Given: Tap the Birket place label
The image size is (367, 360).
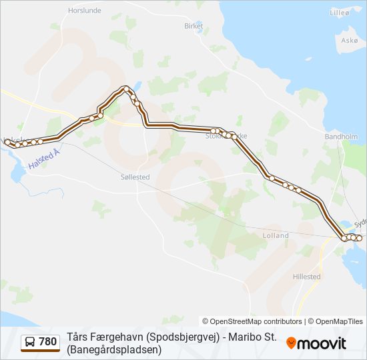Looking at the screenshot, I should (193, 26).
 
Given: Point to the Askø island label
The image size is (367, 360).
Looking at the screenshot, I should (350, 40).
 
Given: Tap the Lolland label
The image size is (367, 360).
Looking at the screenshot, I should (276, 235).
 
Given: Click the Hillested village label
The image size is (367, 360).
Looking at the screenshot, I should (306, 276).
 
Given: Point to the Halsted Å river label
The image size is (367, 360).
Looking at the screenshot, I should (44, 163).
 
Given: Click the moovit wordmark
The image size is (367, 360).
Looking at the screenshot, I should (322, 343).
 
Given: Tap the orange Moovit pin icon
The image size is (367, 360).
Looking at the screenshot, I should (292, 343).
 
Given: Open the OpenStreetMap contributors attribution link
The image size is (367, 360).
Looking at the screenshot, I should (252, 321).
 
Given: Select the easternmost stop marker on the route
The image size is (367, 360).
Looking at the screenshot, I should (359, 238).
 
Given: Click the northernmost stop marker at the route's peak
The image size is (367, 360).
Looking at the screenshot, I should (125, 88).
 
